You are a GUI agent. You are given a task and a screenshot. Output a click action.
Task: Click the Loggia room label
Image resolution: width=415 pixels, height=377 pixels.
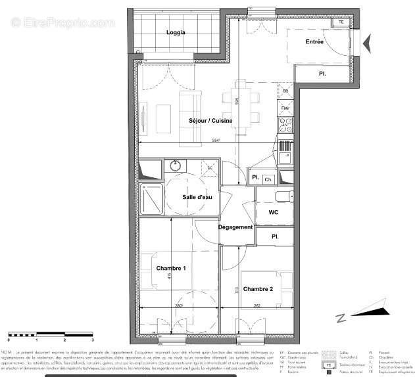point(176,32)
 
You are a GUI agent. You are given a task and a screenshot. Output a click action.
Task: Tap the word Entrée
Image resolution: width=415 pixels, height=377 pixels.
point(315,42)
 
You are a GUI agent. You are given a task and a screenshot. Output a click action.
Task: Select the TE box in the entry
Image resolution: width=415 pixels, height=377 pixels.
point(341,22)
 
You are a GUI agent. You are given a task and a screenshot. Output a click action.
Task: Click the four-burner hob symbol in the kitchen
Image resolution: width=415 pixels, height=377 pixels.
point(286,123)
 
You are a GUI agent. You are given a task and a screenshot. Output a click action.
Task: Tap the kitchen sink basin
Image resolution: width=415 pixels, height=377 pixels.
point(285,156)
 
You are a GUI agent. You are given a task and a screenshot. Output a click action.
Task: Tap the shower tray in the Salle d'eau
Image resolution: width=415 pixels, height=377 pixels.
point(151,198)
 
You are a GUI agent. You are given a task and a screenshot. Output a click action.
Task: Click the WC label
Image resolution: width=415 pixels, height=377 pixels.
point(274,213)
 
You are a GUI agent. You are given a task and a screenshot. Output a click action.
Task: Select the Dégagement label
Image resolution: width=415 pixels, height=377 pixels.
point(236,227)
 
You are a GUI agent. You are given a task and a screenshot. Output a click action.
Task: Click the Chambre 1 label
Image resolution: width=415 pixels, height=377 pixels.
point(171,268)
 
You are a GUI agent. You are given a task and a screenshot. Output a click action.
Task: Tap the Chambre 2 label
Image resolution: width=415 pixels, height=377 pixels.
point(258,289)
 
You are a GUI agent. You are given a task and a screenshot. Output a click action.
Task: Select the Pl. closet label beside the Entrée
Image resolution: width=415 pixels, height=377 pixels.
point(322,74)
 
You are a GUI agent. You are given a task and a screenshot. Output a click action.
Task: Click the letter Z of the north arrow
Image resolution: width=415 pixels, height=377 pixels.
point(341,319)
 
